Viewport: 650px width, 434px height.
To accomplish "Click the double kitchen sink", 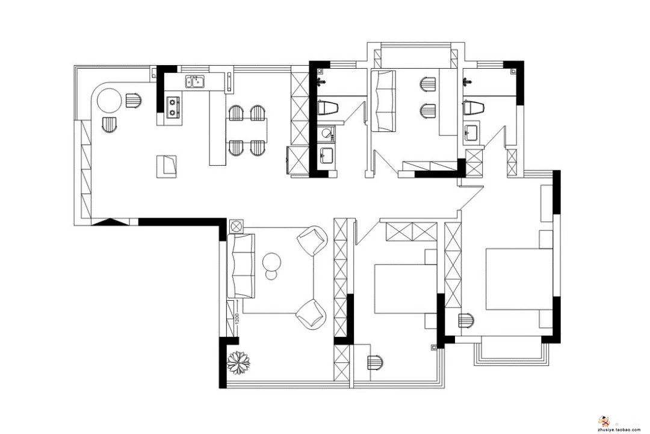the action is pos(195,82).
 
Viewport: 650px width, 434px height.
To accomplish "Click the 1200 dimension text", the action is pos(237,319).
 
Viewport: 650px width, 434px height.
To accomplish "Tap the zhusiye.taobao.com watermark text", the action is pos(619,430).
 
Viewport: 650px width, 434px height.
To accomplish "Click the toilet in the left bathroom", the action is pos(329,107).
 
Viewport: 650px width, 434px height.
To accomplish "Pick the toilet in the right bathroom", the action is pos(474,107).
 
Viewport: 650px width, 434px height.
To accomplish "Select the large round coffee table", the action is pos(272,262).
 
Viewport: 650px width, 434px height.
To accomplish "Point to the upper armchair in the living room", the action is pos(312,240).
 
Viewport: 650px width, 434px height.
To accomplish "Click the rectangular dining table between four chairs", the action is pos(247,130).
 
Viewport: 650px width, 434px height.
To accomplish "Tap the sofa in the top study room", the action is pos(383,101).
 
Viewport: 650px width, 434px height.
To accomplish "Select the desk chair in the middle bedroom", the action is pos(375,362).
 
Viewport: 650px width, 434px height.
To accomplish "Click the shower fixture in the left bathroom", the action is pos(320,81).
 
